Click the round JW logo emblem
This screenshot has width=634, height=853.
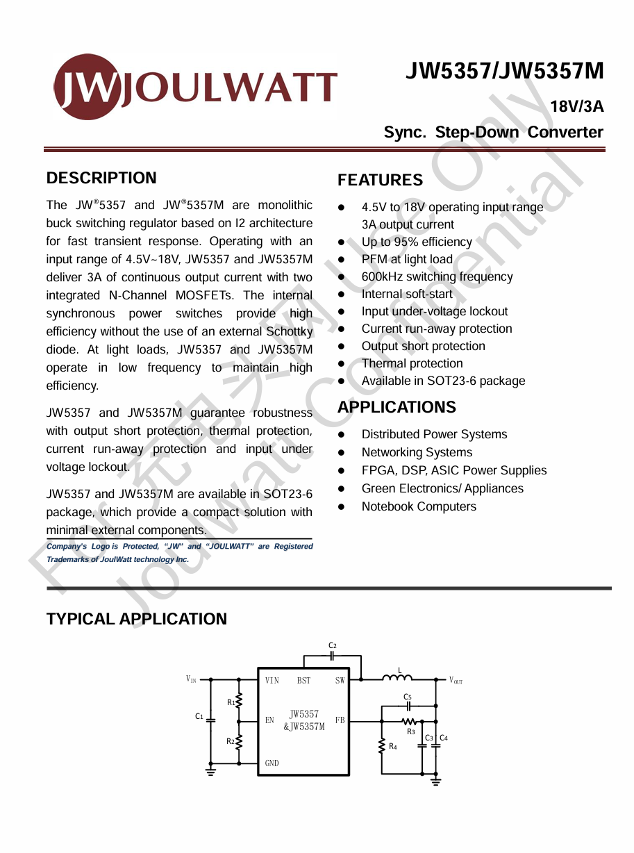[x=87, y=87]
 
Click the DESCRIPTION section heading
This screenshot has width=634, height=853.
[x=101, y=178]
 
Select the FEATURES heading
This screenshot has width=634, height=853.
[x=380, y=180]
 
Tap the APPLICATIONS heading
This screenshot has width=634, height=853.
[x=397, y=407]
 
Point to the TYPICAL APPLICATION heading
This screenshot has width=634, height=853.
[x=136, y=619]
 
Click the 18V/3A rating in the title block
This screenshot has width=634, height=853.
[x=576, y=107]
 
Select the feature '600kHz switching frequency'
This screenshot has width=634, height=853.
[x=437, y=276]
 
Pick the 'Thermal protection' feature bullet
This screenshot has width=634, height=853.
[x=412, y=363]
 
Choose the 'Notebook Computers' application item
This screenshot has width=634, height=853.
[x=419, y=506]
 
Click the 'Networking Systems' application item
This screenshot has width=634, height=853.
[x=417, y=452]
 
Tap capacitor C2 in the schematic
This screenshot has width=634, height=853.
[x=333, y=655]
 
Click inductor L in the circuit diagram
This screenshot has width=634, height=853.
[x=398, y=677]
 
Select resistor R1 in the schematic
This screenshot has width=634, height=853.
[x=239, y=701]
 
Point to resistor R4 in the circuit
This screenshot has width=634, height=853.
[x=381, y=746]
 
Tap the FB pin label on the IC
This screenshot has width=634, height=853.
[x=340, y=720]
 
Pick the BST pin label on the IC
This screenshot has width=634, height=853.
[x=303, y=681]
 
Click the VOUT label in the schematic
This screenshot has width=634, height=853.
[x=456, y=681]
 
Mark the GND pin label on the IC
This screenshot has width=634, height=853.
[x=272, y=763]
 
